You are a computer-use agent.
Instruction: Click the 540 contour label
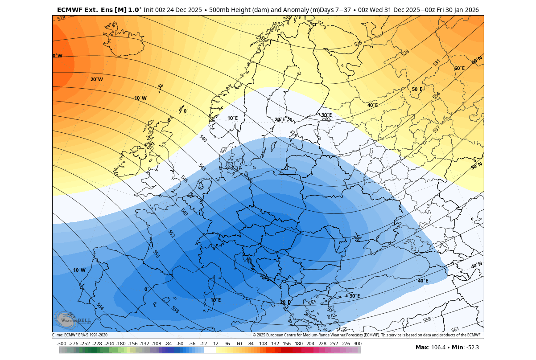coord(203,139)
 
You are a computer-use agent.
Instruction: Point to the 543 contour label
coord(202,168)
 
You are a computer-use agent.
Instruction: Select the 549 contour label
coord(184,212)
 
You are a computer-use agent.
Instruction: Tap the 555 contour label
coord(156,254)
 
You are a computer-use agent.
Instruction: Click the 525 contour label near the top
coord(358,44)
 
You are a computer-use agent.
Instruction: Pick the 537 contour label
coord(436,130)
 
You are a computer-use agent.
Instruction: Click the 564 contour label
coord(100,307)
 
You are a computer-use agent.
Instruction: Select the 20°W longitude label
coord(96,79)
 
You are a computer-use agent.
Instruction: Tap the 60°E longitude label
coord(459,68)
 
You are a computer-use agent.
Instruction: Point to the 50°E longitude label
coord(417,89)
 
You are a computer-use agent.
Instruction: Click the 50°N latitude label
coord(477,166)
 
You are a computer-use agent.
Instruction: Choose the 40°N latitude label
coord(477,266)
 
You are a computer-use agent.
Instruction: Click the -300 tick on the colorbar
coord(62,344)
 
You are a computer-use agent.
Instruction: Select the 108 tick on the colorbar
coord(263,344)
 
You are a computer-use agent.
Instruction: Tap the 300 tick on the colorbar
coord(357,344)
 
